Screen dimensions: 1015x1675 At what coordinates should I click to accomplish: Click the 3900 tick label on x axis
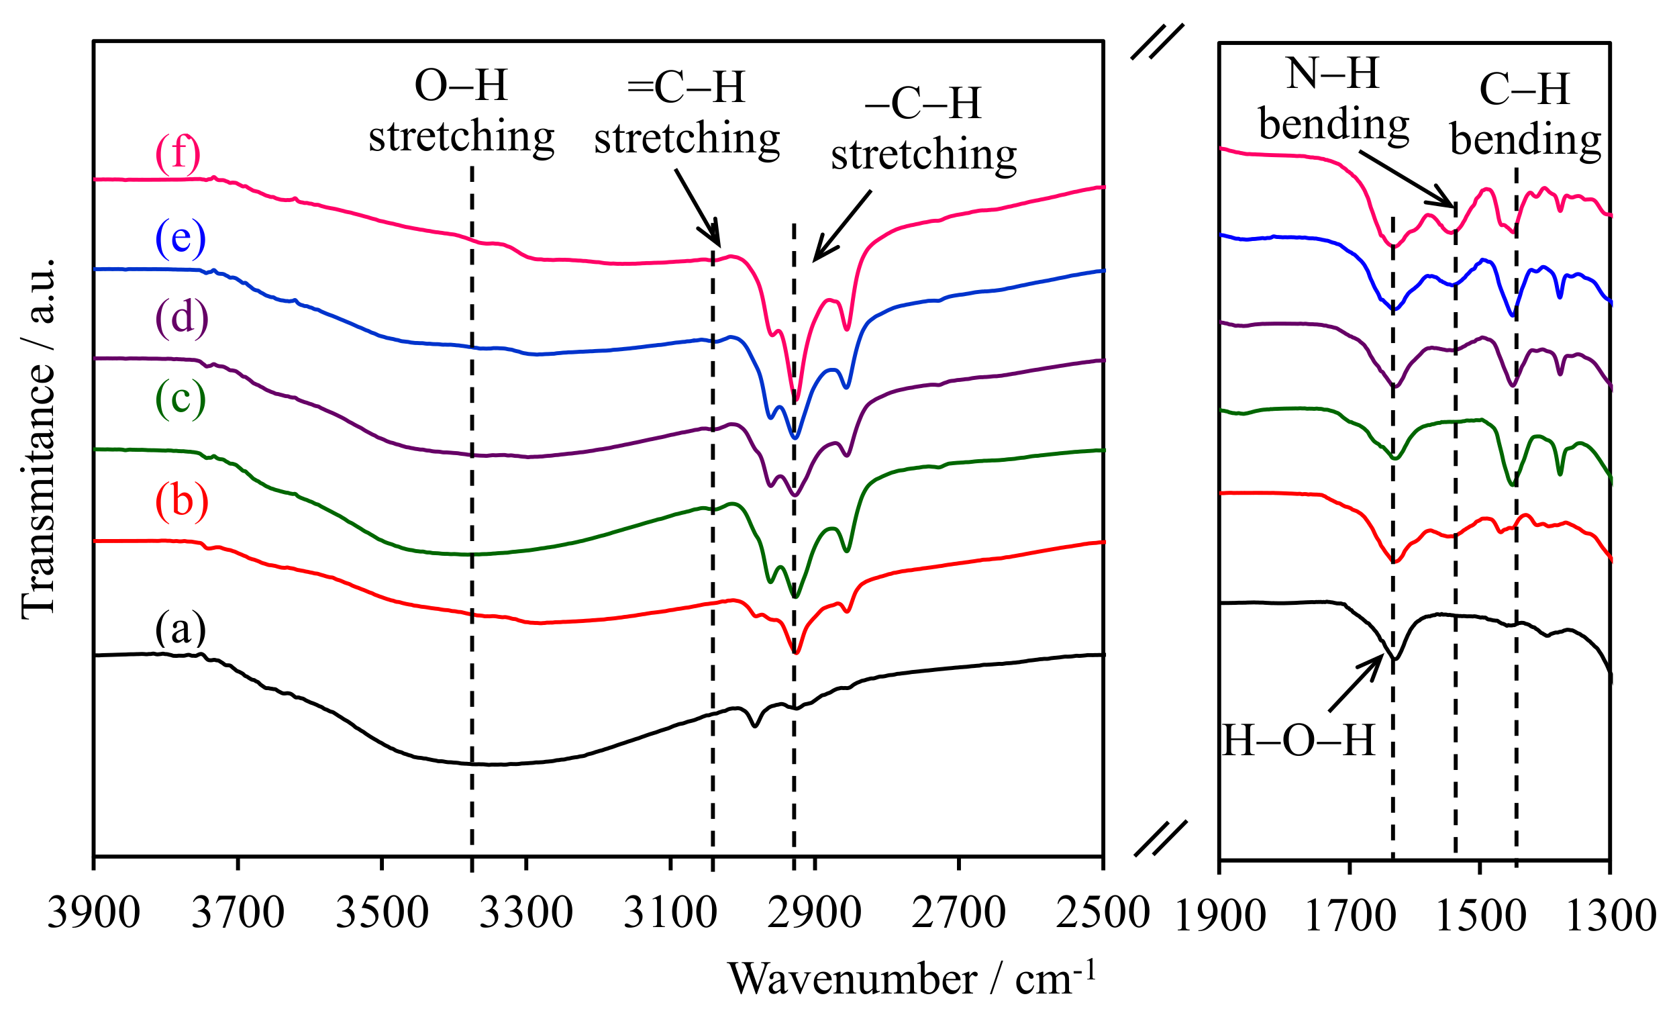(94, 913)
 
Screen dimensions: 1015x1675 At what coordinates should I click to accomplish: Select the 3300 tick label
(526, 913)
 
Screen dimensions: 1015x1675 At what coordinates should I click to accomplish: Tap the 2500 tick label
(1103, 913)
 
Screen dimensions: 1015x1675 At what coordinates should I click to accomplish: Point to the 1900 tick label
(1220, 916)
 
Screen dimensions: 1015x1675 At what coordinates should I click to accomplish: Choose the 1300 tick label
(1611, 916)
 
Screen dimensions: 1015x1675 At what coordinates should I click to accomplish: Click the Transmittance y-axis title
(38, 438)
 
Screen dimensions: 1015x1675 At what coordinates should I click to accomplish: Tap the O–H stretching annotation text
(462, 112)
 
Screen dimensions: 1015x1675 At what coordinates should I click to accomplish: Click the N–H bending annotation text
(1333, 99)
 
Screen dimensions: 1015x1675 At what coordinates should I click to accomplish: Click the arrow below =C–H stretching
(697, 207)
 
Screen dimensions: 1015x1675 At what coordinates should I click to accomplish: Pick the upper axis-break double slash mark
(1158, 42)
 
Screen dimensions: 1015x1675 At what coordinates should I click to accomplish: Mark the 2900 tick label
(815, 913)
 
